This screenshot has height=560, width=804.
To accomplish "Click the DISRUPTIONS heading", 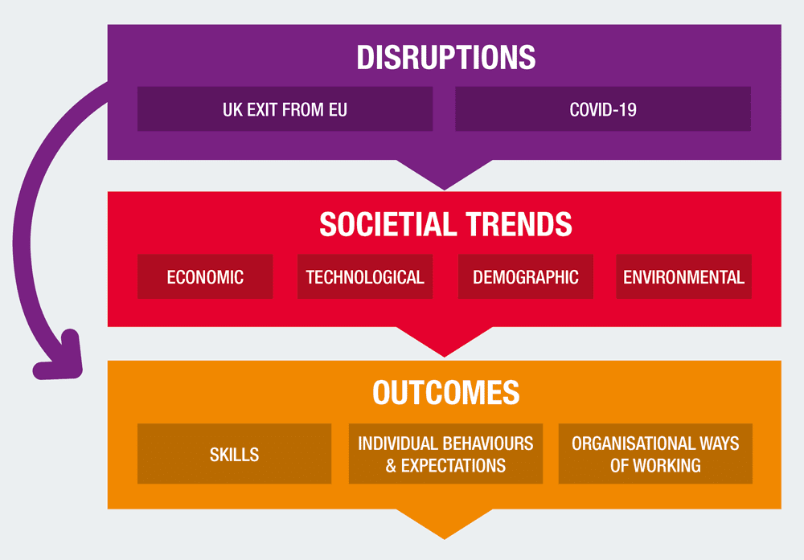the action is (445, 57).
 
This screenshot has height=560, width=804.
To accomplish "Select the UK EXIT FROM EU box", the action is (285, 108).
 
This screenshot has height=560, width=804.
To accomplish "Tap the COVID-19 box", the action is (603, 108).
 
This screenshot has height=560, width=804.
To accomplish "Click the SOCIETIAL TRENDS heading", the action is (445, 224).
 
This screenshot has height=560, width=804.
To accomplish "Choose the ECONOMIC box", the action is (205, 276).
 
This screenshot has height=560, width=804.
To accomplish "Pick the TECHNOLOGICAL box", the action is (365, 276).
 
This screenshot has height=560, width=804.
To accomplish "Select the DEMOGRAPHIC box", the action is (526, 276).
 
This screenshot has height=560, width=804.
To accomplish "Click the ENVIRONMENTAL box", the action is (684, 276).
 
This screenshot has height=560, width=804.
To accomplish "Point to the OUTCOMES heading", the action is (445, 392).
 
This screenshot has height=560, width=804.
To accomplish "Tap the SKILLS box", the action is (234, 453).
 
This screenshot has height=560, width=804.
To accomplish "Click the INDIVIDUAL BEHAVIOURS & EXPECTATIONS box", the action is (445, 453).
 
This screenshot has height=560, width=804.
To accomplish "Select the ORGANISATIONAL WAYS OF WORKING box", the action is (655, 453).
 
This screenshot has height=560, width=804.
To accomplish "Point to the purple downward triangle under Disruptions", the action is (445, 172).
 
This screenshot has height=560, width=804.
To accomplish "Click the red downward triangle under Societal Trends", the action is (445, 339).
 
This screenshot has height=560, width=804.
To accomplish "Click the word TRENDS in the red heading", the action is (519, 224).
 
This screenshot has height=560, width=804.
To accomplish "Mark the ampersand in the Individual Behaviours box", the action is (391, 466).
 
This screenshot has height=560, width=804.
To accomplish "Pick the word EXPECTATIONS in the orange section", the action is (453, 466).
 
